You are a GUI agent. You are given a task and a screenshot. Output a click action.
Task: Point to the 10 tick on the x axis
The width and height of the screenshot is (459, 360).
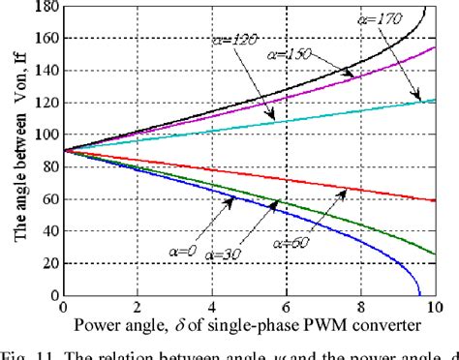(432, 309)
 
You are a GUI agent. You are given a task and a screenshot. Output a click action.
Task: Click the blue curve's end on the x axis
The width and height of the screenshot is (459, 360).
(419, 295)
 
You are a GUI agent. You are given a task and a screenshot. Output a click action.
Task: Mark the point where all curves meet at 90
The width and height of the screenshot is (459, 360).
(63, 151)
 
